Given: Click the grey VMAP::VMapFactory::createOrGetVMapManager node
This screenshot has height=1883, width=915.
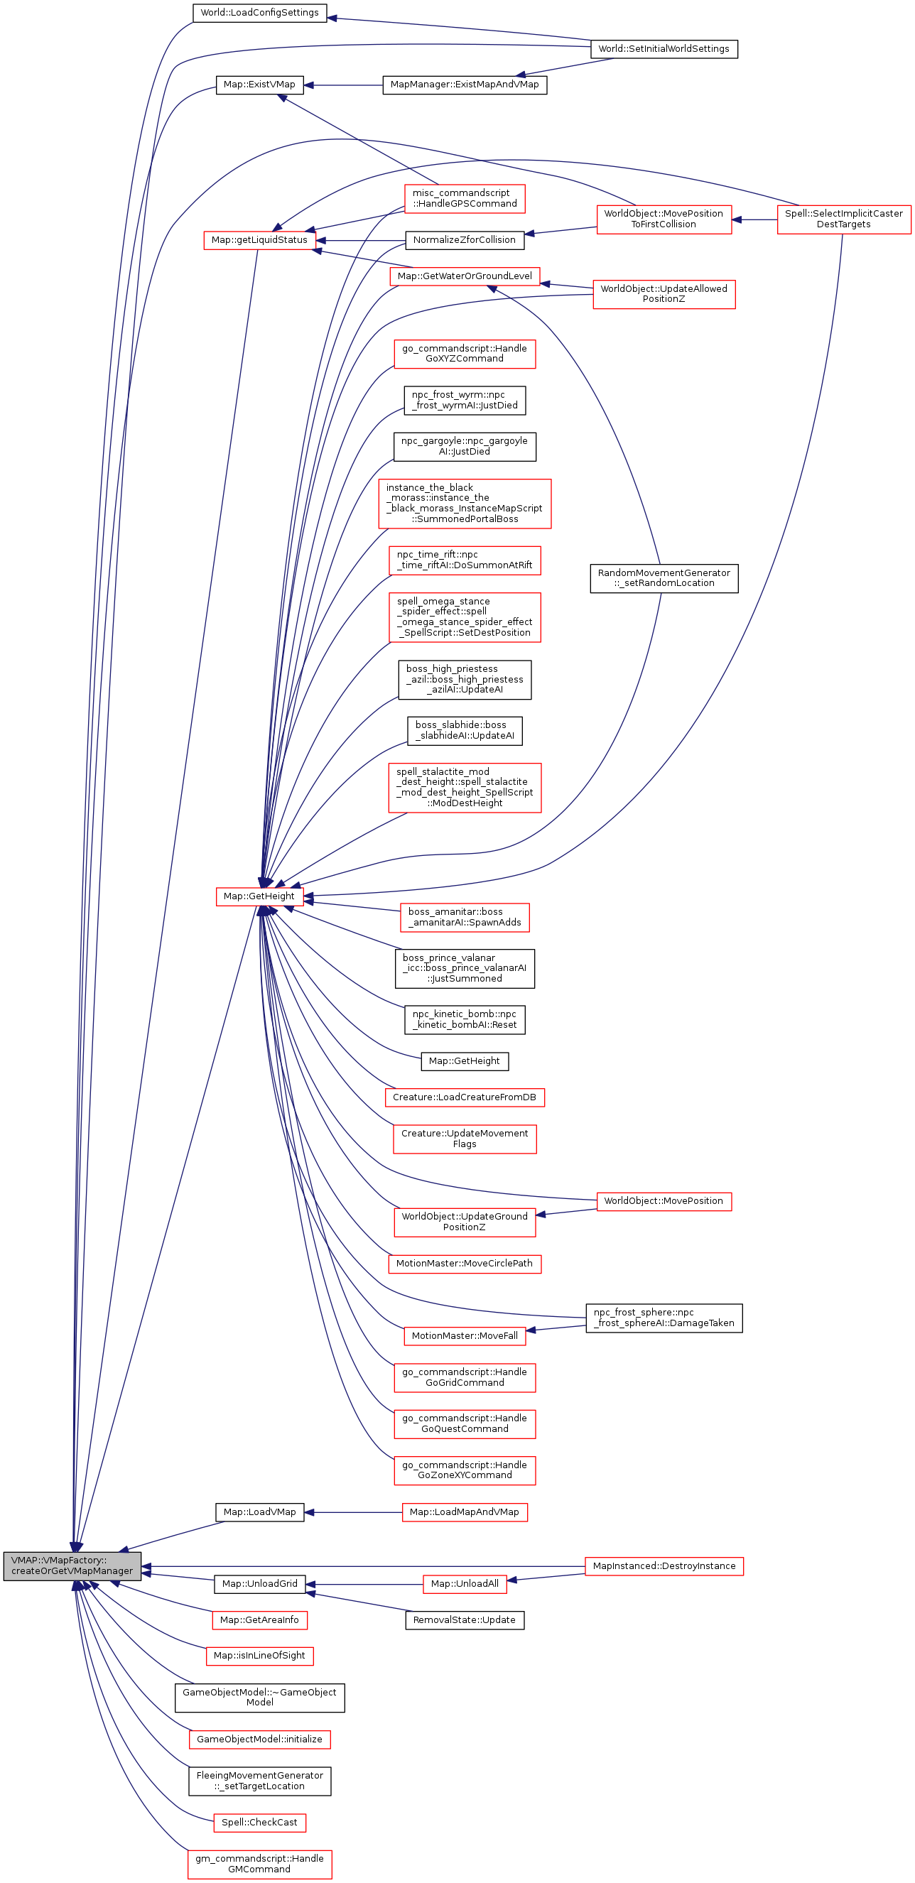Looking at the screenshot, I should [x=72, y=1565].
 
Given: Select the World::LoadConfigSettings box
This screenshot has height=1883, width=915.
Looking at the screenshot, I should [x=259, y=12].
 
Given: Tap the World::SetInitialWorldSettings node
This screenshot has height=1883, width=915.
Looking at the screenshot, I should [x=664, y=49].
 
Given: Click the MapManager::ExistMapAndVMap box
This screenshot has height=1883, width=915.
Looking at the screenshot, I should [x=464, y=85].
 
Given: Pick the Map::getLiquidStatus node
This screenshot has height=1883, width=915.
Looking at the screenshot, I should [x=259, y=240].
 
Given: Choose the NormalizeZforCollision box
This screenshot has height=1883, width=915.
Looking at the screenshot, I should [x=464, y=240].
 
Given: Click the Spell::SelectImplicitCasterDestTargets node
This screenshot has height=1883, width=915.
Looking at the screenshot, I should [x=843, y=219].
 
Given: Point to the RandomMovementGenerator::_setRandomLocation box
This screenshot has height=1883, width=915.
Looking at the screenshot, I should [x=664, y=577].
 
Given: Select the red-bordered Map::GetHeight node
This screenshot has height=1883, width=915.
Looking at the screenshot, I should [x=259, y=896].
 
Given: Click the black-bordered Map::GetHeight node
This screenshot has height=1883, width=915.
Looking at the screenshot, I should [x=464, y=1060].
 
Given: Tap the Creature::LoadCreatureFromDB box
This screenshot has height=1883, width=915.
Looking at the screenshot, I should [x=464, y=1097].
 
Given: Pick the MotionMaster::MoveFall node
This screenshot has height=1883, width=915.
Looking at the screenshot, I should [x=464, y=1335].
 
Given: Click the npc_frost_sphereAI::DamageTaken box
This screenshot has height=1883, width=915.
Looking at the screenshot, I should [x=664, y=1318].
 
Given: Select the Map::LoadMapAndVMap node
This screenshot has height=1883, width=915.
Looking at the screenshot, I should [x=464, y=1512].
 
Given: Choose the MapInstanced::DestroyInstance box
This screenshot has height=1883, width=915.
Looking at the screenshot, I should [x=664, y=1565].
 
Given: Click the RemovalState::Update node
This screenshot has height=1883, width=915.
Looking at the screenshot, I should [x=464, y=1620].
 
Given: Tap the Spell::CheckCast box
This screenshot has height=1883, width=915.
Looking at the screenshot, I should [x=259, y=1823].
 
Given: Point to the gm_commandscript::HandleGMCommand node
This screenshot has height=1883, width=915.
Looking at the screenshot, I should [x=259, y=1863].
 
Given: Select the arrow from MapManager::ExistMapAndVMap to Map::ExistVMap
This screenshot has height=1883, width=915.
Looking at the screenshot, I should [x=344, y=85].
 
